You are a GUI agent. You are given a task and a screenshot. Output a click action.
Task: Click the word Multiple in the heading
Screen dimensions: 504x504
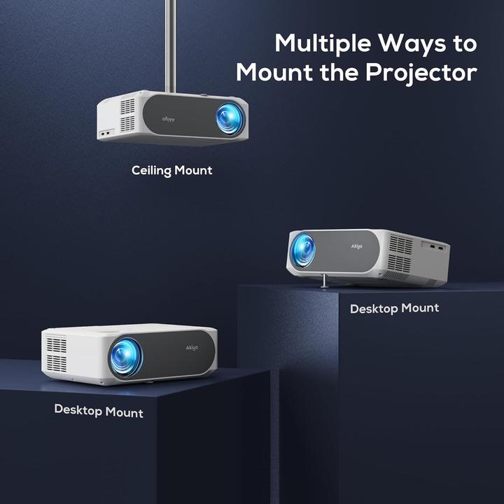click(323, 43)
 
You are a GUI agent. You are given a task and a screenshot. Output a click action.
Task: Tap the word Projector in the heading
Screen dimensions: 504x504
click(421, 73)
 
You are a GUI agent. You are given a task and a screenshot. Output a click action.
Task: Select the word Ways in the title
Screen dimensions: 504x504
click(412, 44)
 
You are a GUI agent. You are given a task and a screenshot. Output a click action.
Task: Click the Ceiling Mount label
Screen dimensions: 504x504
click(172, 171)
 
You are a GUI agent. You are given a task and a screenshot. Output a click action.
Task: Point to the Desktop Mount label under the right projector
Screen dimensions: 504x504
click(394, 308)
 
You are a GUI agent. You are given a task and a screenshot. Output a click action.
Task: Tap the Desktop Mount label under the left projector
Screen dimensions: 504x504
click(99, 411)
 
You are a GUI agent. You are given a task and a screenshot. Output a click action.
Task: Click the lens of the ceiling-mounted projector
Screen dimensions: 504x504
click(230, 118)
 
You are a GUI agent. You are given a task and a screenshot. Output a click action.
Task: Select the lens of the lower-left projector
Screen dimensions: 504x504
click(126, 358)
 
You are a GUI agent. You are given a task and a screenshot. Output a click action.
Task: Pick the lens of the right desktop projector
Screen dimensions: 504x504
click(302, 251)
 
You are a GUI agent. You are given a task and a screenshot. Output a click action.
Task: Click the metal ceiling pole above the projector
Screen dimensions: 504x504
click(170, 46)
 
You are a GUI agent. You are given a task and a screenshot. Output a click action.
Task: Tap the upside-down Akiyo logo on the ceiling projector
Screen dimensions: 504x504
click(169, 119)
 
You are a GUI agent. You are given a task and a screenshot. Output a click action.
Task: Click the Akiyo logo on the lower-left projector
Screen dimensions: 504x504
click(192, 347)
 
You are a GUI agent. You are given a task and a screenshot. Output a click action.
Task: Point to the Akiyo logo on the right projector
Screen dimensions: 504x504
click(356, 246)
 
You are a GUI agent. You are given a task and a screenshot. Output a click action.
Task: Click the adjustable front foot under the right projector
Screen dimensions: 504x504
click(325, 281)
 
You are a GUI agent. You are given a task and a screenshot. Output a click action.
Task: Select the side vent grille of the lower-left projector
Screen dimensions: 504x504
click(57, 354)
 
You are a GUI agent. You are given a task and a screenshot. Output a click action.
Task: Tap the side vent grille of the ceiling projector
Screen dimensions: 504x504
click(127, 115)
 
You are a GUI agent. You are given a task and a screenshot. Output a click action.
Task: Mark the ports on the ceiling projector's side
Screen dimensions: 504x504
click(106, 132)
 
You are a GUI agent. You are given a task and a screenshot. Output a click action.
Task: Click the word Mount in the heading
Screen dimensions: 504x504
click(275, 73)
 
